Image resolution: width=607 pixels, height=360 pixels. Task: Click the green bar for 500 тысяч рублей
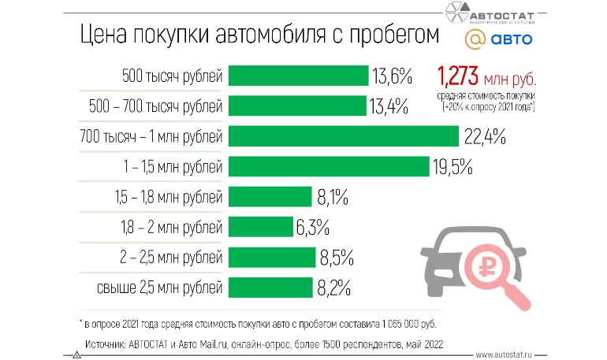[299, 76]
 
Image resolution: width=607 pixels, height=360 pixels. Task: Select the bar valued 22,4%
[344, 136]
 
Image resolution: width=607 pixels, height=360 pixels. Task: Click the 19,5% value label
[451, 166]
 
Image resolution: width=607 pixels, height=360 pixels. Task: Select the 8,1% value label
[332, 197]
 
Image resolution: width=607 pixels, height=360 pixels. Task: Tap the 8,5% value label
[336, 258]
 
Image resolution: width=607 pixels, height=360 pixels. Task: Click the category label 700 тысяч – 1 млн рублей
[151, 136]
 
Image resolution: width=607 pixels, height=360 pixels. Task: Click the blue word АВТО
[512, 39]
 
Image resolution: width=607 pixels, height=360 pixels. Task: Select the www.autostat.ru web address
[509, 354]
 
